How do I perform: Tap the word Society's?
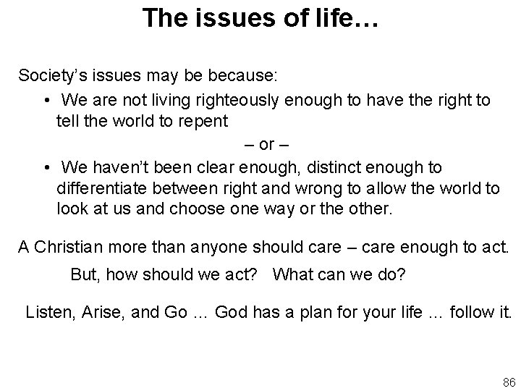click(x=50, y=75)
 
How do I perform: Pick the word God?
click(x=232, y=313)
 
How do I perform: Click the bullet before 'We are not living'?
click(x=46, y=98)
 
